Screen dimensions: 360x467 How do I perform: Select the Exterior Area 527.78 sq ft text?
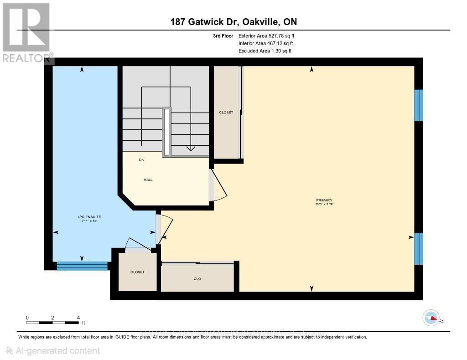(270, 36)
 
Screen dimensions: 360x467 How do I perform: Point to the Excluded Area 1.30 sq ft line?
(265, 51)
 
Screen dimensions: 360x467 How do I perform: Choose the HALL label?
(148, 180)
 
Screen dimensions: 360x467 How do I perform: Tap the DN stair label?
(142, 160)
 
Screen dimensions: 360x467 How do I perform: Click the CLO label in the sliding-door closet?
(197, 278)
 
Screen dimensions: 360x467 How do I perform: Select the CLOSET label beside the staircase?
(226, 113)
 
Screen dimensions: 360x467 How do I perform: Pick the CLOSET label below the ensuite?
(137, 272)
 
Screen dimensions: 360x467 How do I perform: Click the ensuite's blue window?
(82, 266)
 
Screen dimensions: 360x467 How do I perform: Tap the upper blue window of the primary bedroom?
(418, 105)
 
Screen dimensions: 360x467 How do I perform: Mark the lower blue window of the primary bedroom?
(418, 249)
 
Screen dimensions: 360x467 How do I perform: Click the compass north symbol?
(431, 318)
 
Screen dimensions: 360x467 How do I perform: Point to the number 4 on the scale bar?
(78, 317)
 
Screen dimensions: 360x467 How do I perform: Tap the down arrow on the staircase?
(190, 148)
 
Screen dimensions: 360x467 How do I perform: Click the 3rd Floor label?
(223, 36)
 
